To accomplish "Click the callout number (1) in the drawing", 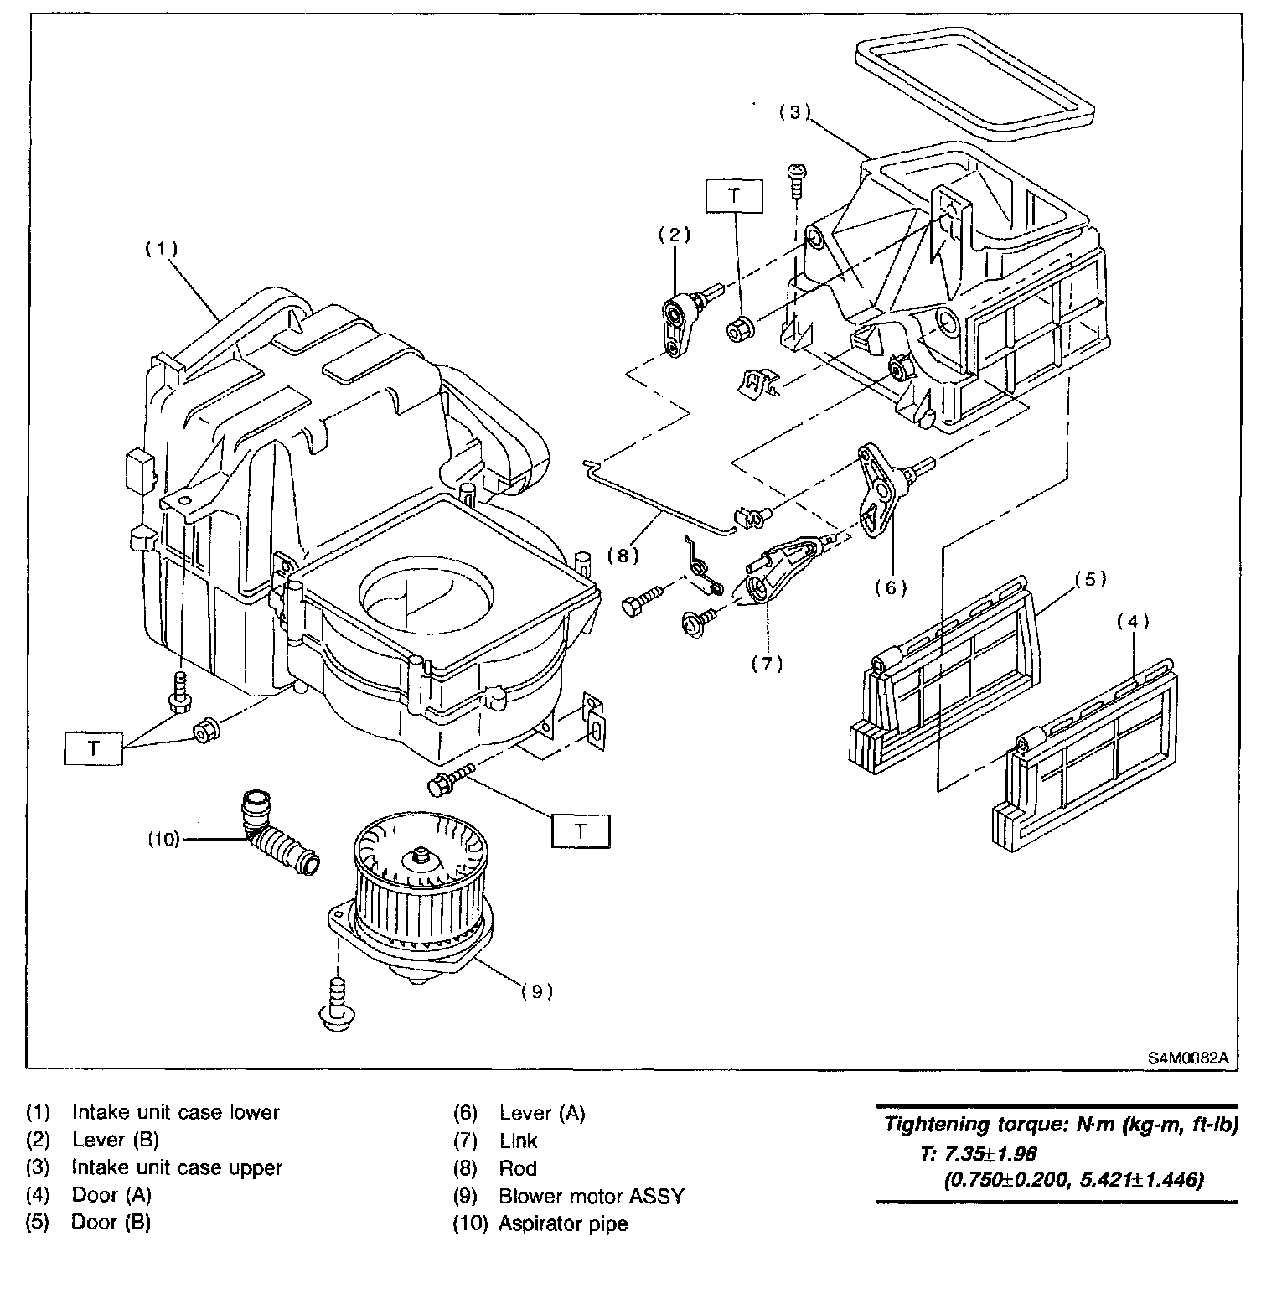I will tap(161, 249).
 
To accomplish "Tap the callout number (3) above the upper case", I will tap(795, 113).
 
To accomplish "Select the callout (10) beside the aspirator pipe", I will tap(164, 839).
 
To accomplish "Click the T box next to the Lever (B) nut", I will tap(734, 196).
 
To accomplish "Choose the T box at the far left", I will tap(93, 748).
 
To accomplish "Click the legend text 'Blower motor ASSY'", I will tap(592, 1196).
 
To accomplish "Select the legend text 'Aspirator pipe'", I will tap(563, 1223).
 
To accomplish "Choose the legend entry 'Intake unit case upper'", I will tap(177, 1167).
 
